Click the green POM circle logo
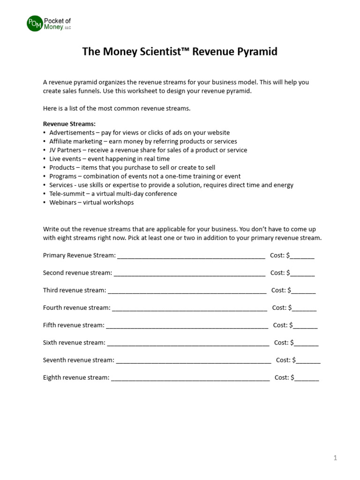35,23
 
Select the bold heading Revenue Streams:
69,124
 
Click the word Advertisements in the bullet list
72,133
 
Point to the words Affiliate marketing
75,142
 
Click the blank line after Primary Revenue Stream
191,256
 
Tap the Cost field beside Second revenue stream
303,273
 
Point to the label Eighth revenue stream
76,377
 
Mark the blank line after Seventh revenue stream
193,360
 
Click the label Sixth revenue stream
74,343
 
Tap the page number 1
335,458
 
